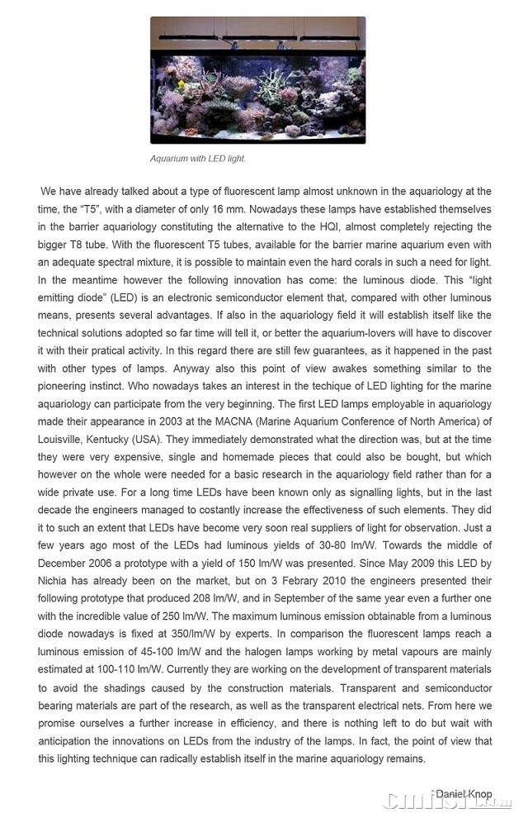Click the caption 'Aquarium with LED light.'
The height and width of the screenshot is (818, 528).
(198, 159)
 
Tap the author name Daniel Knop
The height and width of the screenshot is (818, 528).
(464, 794)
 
